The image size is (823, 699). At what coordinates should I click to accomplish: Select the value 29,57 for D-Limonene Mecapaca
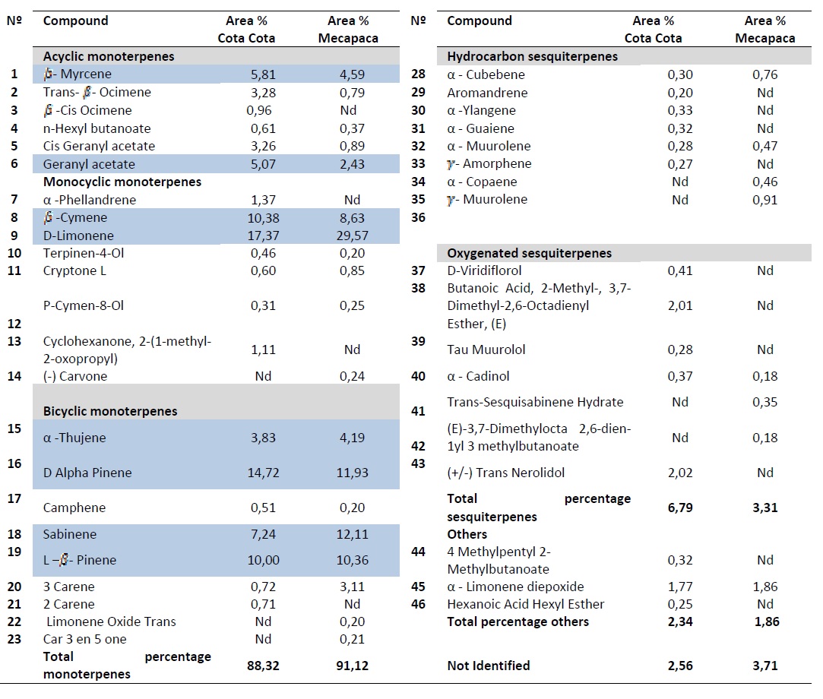pos(352,236)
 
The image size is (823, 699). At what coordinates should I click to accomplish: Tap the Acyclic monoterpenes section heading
pos(109,56)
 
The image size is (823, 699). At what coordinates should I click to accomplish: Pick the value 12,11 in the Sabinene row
pos(352,534)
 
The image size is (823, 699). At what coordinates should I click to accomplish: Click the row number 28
pos(418,74)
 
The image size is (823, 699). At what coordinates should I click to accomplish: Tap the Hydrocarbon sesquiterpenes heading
pos(532,56)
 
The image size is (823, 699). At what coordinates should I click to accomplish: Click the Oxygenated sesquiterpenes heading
pos(529,253)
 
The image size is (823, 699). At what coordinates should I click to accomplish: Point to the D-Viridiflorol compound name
pos(484,270)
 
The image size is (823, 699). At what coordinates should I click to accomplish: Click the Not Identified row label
pos(488,666)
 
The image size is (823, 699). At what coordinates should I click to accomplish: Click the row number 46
pos(418,604)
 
